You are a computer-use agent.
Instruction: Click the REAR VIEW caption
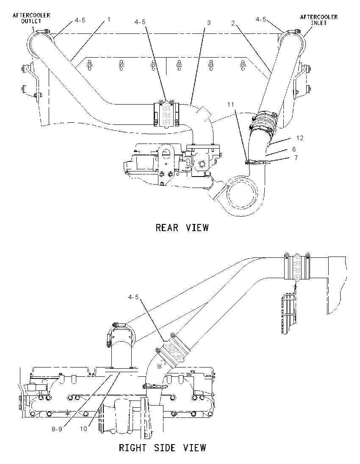click(182, 228)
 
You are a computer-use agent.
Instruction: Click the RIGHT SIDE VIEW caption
click(162, 448)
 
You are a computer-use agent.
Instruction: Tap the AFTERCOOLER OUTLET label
click(31, 18)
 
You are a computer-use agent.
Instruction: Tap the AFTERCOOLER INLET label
click(319, 19)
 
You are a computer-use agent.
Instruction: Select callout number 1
click(109, 19)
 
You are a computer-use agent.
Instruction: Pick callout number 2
click(233, 23)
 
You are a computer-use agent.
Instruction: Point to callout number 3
click(209, 23)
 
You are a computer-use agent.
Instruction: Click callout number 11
click(231, 104)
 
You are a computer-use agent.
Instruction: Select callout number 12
click(299, 138)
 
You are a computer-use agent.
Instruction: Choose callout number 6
click(294, 149)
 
